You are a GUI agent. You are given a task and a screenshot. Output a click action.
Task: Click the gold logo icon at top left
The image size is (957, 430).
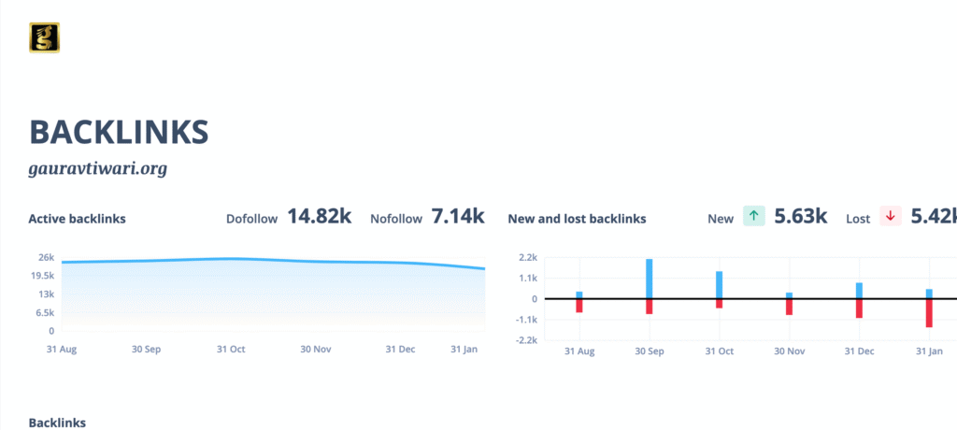click(x=45, y=37)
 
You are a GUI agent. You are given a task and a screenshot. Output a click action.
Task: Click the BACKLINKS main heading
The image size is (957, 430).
click(x=119, y=132)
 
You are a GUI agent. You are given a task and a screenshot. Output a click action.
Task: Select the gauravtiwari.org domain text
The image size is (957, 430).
click(x=97, y=169)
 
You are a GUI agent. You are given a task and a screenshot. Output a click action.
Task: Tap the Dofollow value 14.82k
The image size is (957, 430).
click(x=319, y=217)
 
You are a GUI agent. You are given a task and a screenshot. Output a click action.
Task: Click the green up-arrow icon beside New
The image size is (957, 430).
click(x=754, y=217)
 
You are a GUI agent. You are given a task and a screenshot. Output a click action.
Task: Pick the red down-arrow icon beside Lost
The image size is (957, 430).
click(x=890, y=217)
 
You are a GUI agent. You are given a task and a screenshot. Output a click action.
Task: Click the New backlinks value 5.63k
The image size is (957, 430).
click(x=801, y=217)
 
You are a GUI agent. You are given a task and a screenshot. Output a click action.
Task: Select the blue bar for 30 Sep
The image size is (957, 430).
click(x=649, y=279)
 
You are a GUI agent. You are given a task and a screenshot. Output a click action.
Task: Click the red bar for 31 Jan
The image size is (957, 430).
click(x=929, y=313)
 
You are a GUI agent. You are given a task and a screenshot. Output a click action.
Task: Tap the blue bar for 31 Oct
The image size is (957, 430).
click(x=719, y=285)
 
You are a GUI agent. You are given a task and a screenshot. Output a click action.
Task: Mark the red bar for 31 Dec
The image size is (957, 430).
click(x=859, y=308)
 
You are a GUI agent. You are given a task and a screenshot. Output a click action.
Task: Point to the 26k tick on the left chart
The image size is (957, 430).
click(x=46, y=257)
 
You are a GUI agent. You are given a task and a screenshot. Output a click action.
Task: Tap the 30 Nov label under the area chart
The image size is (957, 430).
click(x=316, y=350)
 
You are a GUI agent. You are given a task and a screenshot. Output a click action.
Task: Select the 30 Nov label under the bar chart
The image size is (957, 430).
click(x=789, y=351)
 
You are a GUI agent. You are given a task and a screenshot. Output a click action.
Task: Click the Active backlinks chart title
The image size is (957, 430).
click(x=77, y=219)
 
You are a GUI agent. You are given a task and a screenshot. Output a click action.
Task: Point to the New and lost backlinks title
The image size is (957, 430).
click(x=577, y=219)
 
